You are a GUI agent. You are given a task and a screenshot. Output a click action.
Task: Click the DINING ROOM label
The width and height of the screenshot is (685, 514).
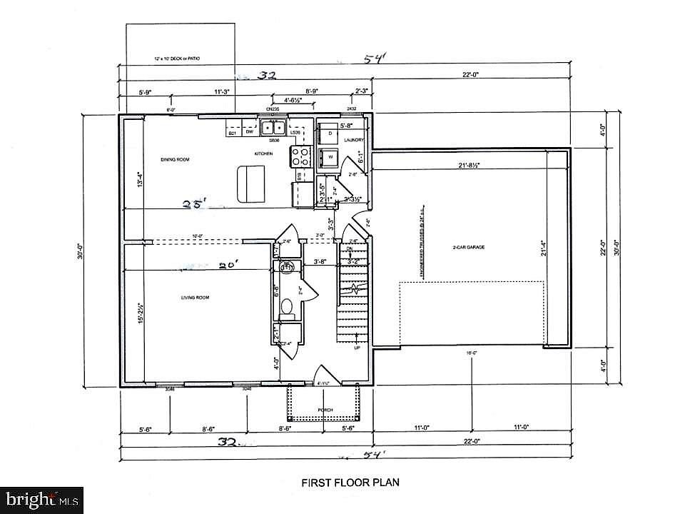coord(174,159)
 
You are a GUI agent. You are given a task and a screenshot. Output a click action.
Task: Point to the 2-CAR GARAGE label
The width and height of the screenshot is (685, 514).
coord(468,247)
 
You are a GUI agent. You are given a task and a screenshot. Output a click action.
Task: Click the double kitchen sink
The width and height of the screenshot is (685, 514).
coord(273,128)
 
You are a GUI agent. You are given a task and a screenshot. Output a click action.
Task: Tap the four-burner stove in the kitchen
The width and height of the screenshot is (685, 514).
coord(301,156)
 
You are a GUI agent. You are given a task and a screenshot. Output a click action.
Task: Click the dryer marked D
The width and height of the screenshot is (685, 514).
coord(330,133)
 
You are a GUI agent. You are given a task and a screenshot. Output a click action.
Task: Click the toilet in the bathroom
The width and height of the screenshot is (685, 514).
coord(288,306)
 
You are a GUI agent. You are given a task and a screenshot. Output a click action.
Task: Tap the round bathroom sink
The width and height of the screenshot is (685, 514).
coord(286,268)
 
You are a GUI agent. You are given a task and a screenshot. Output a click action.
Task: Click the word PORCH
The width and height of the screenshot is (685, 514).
coord(325,410)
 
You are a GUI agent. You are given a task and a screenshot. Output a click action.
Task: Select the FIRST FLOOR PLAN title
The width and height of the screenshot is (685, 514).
coord(342,482)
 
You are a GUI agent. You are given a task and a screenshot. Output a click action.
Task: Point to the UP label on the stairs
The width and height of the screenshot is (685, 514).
coord(357,349)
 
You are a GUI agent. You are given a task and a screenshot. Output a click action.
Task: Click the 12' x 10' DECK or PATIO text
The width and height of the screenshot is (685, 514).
coord(179,59)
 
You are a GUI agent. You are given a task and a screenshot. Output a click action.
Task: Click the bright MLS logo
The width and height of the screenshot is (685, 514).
coord(41,498)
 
